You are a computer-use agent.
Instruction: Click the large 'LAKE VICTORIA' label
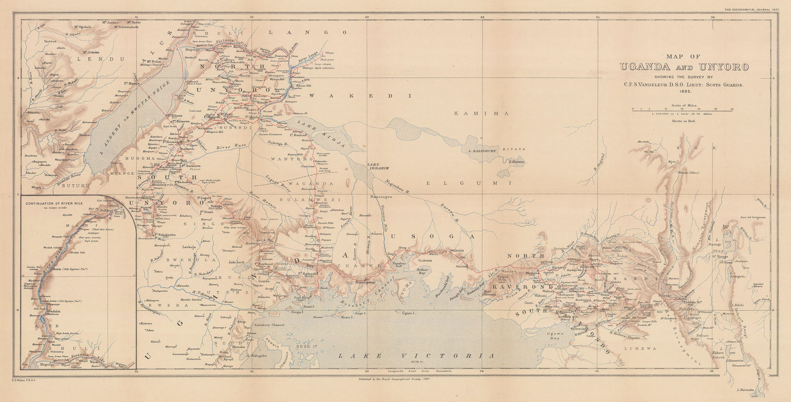(415, 356)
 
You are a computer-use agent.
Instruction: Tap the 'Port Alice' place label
(301, 297)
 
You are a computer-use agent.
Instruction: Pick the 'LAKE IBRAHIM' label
(378, 166)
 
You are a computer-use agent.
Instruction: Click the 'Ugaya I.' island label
(408, 313)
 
